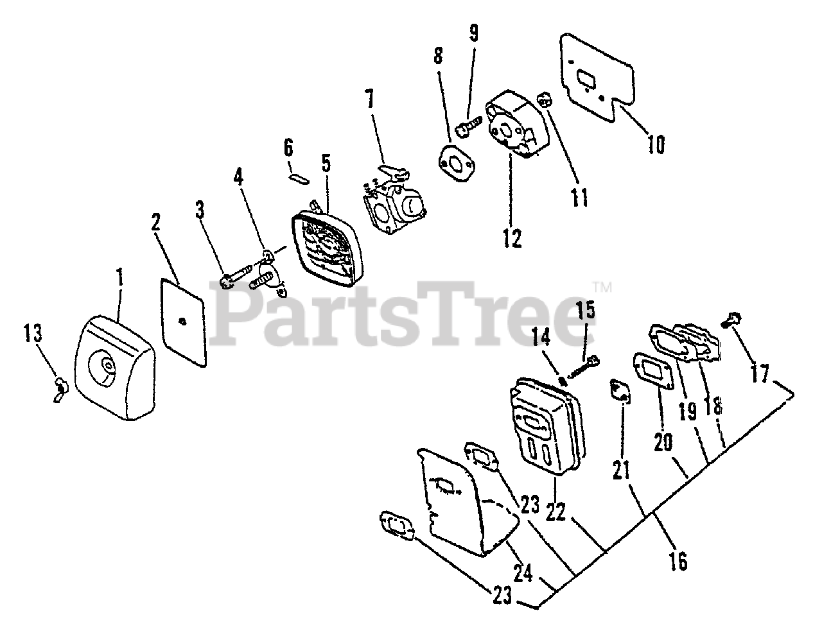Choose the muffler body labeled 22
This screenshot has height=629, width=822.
[x=546, y=424]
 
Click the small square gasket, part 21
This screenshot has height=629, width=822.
[x=620, y=391]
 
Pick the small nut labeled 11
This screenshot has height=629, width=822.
[x=547, y=101]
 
